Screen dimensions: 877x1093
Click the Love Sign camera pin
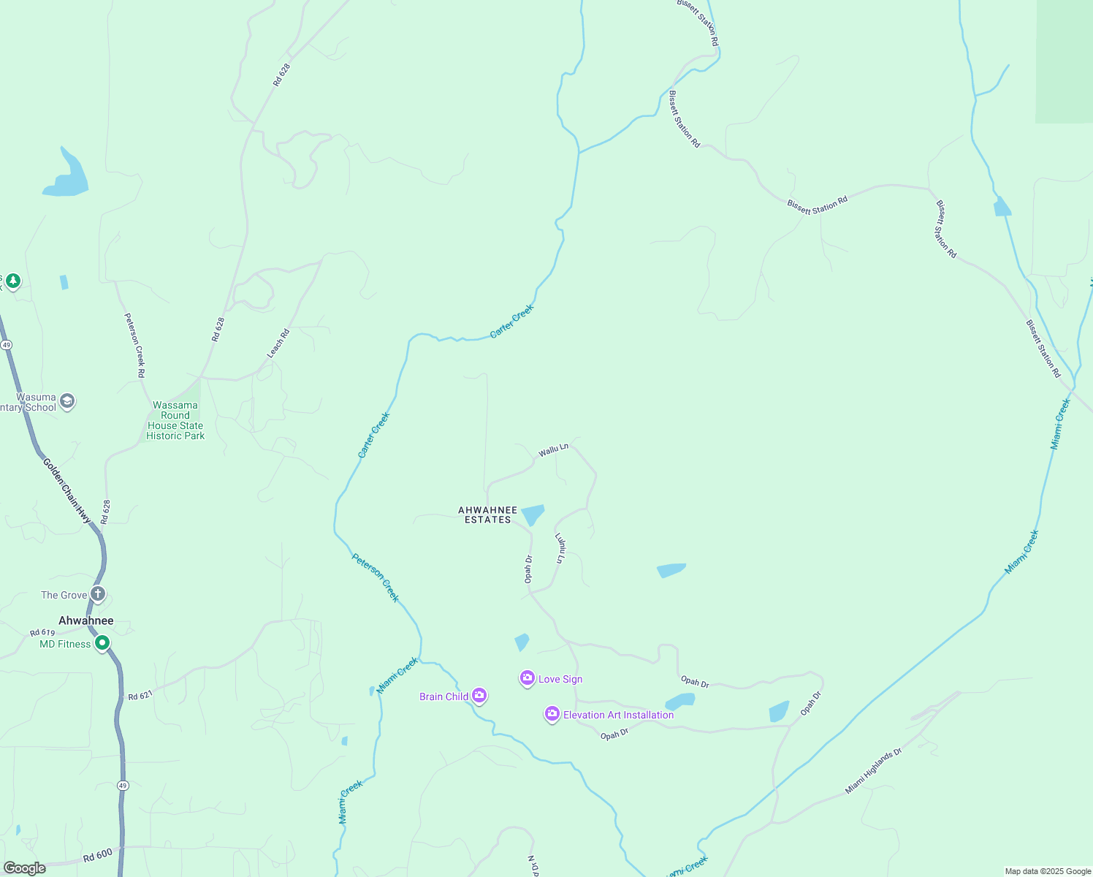[527, 678]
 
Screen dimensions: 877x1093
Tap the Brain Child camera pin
[479, 695]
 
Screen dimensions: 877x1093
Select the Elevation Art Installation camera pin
[552, 714]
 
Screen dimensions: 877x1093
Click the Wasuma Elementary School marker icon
[67, 401]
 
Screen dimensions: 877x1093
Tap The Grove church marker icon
[98, 593]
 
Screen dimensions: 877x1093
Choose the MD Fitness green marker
[102, 643]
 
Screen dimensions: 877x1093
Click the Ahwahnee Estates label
[488, 515]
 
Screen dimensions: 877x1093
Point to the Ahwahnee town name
[86, 620]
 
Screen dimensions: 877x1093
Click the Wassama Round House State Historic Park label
[175, 420]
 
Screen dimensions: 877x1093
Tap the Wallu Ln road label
[553, 450]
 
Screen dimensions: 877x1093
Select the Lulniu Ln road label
[560, 548]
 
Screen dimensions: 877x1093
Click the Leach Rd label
[278, 343]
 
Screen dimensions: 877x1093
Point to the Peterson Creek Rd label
[134, 345]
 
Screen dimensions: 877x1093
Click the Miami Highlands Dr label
[874, 771]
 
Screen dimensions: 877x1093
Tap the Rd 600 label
[97, 855]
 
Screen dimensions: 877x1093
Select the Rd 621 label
[140, 696]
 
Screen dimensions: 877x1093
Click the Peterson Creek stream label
[376, 577]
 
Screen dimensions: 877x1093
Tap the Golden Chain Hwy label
[66, 490]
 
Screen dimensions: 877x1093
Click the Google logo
[25, 868]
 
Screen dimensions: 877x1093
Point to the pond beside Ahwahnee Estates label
[533, 514]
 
